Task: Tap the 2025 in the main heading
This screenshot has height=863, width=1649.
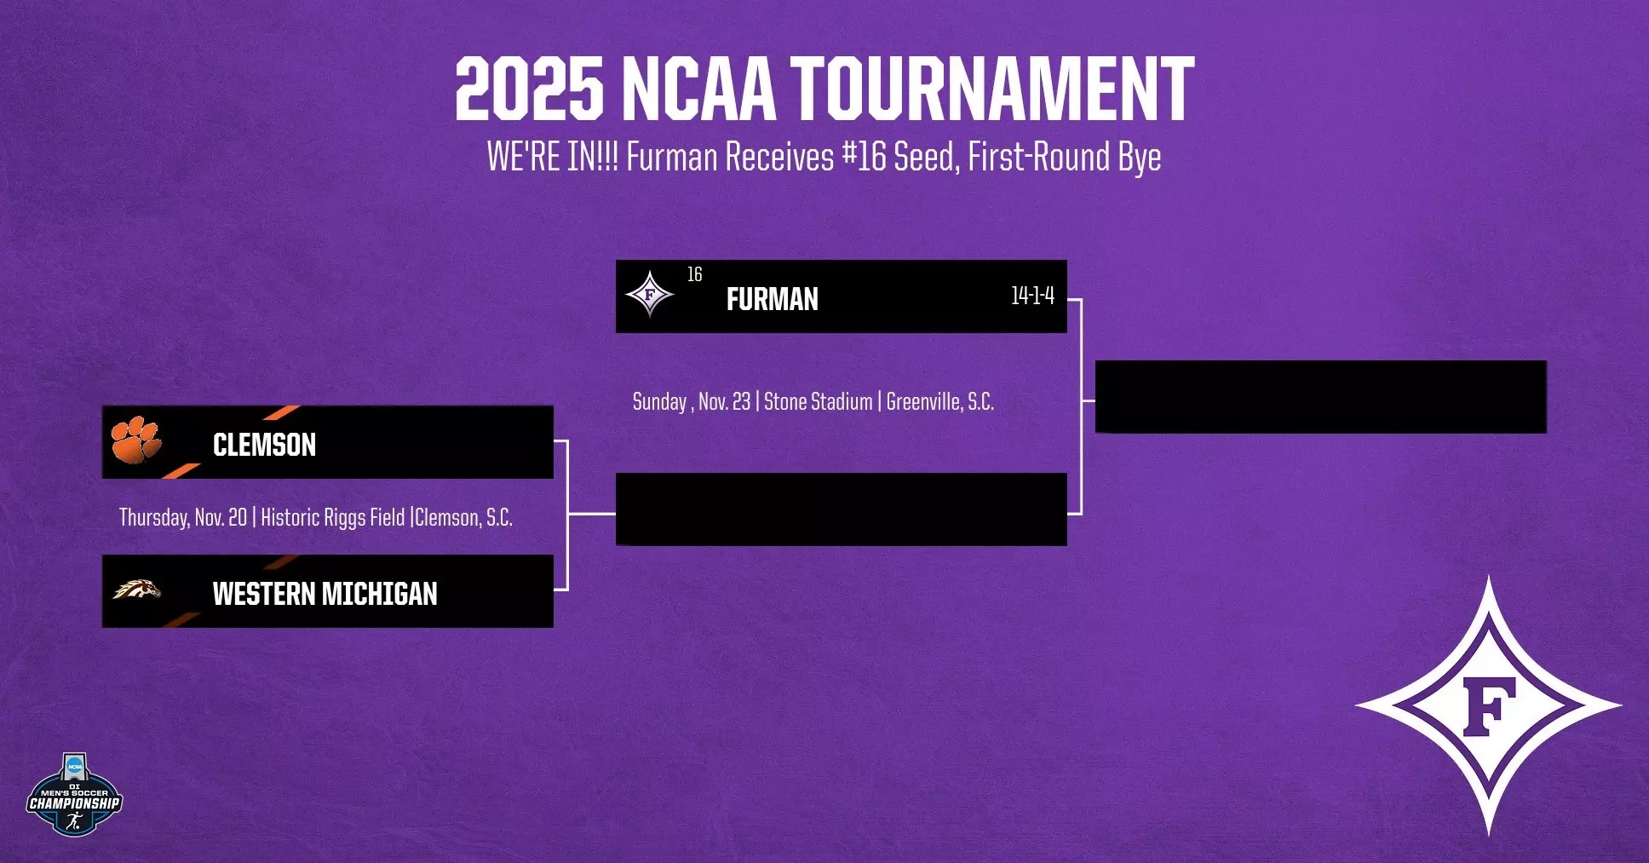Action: click(x=529, y=89)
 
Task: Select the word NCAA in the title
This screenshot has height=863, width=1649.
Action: click(x=698, y=89)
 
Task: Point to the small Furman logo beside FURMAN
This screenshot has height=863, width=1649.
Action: click(x=650, y=295)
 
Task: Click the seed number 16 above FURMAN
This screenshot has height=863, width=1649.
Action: click(x=694, y=274)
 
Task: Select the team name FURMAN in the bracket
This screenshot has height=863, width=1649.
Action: click(x=772, y=299)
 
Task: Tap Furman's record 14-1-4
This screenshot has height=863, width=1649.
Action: click(x=1032, y=296)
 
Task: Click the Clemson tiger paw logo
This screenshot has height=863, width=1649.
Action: click(x=135, y=440)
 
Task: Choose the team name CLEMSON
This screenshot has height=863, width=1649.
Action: click(x=264, y=445)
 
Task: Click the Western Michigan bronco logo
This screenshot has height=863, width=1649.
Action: click(x=136, y=589)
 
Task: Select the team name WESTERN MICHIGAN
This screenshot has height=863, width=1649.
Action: click(x=325, y=594)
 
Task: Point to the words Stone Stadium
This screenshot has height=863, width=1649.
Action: click(x=818, y=402)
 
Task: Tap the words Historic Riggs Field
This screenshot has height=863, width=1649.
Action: click(x=332, y=518)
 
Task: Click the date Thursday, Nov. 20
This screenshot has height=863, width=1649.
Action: click(x=183, y=518)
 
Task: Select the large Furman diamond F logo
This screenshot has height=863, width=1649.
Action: click(x=1488, y=705)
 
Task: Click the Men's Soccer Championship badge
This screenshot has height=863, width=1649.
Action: click(x=74, y=795)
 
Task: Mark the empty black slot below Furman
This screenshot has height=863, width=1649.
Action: click(x=841, y=509)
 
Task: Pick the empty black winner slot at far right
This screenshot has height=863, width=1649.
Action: click(x=1320, y=397)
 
